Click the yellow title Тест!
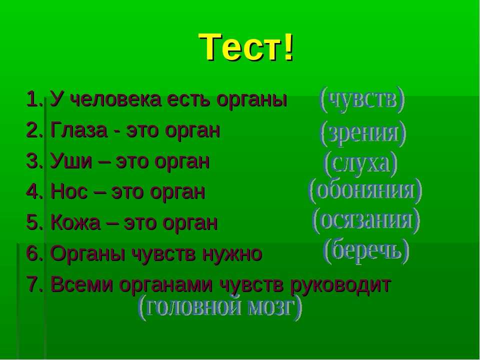(x=247, y=47)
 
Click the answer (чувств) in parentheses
(x=362, y=100)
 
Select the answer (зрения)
(x=363, y=133)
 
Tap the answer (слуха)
(x=360, y=164)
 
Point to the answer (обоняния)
(x=365, y=190)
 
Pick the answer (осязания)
(x=366, y=220)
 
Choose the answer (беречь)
(x=366, y=251)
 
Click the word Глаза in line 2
(x=79, y=130)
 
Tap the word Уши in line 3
(x=71, y=161)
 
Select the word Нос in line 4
(x=69, y=192)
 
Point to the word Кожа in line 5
(x=75, y=222)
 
